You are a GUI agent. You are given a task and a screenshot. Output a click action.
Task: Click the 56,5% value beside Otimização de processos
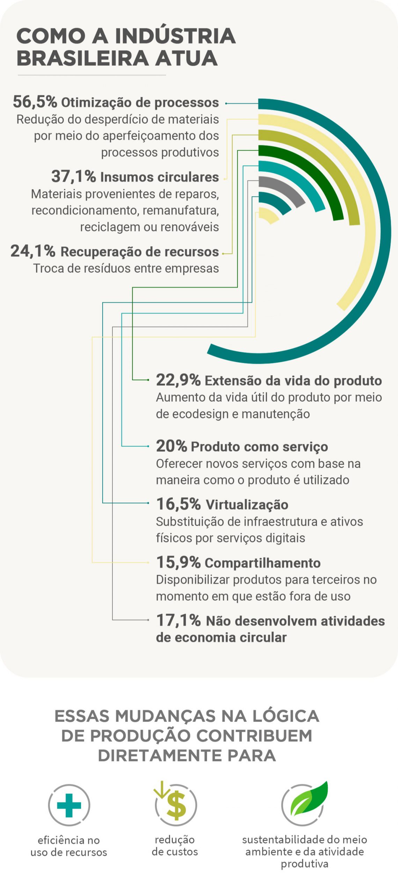[x=35, y=102]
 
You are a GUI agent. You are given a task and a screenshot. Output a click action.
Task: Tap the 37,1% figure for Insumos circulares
[x=73, y=176]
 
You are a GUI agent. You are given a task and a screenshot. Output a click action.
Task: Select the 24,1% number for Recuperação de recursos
[x=33, y=251]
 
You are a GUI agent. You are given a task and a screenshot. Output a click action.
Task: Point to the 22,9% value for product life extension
[x=178, y=380]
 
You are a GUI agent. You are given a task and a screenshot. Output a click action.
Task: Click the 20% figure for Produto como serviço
[x=171, y=446]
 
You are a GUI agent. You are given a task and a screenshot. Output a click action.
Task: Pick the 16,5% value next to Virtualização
[x=178, y=504]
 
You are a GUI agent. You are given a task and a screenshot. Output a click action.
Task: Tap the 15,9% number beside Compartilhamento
[x=178, y=562]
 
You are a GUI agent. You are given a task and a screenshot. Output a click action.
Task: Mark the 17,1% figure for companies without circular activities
[x=178, y=620]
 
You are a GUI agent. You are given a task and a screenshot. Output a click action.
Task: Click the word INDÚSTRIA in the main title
[x=175, y=36]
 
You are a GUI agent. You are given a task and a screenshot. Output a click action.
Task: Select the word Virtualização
[x=247, y=504]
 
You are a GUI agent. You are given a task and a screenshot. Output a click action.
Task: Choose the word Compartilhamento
[x=263, y=563]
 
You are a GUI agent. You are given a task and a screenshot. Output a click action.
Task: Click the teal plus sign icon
[x=69, y=805]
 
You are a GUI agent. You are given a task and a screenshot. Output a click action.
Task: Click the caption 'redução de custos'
[x=175, y=846]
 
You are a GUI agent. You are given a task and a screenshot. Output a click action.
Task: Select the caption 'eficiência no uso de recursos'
[x=69, y=846]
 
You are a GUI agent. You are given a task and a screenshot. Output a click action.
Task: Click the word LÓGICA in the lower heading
[x=285, y=716]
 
